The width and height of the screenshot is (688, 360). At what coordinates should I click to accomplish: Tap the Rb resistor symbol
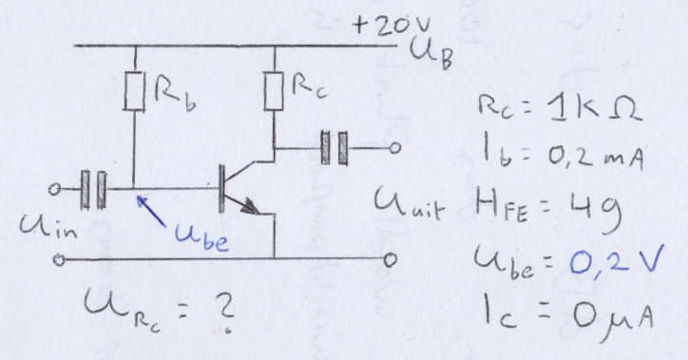(x=134, y=91)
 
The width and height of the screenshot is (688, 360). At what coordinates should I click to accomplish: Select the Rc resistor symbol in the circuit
(x=275, y=91)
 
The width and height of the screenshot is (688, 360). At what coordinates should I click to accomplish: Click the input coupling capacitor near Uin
(x=93, y=189)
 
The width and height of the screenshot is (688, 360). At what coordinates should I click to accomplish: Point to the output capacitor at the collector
(x=334, y=148)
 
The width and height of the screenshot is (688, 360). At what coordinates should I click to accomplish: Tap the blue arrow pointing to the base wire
(x=151, y=211)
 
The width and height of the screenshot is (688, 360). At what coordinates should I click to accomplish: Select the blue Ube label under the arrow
(x=201, y=237)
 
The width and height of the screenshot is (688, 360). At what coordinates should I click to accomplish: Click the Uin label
(x=48, y=227)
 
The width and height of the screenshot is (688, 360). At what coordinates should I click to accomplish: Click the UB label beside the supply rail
(x=431, y=52)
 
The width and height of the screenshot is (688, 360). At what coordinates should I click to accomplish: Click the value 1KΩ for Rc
(x=595, y=108)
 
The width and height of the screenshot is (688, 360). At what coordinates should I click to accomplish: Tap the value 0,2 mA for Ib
(x=596, y=157)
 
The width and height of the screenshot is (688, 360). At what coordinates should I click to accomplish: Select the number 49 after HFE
(x=596, y=211)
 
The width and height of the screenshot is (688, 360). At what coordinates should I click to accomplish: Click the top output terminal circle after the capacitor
(x=394, y=148)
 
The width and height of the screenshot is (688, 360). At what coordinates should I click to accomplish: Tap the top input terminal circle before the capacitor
(x=54, y=189)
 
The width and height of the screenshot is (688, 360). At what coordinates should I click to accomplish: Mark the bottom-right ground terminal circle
(x=391, y=260)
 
